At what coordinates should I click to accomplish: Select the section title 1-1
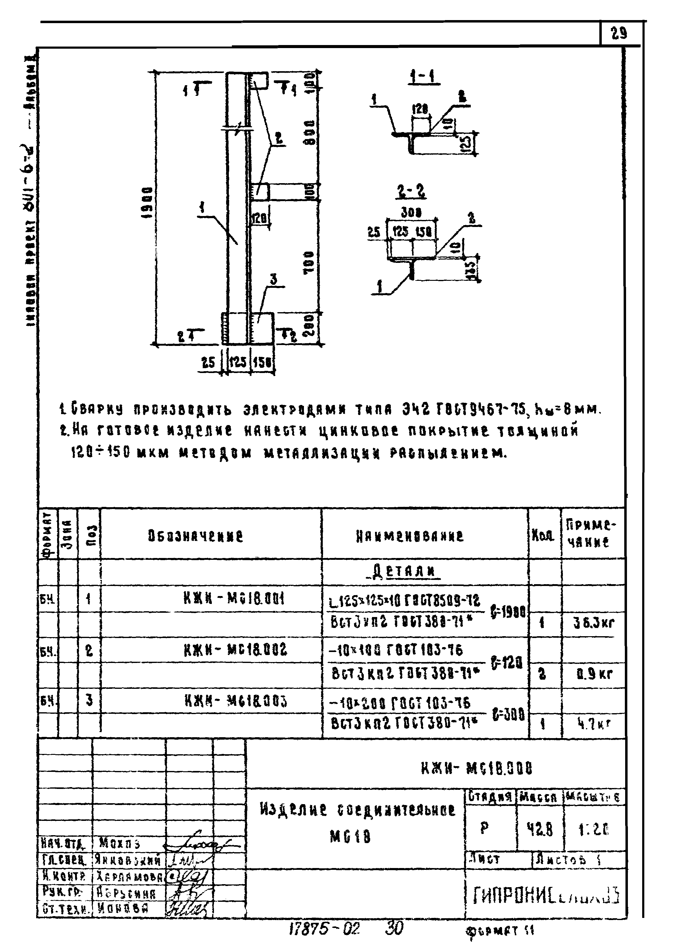[x=424, y=77]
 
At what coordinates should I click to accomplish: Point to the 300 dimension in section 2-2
[x=412, y=212]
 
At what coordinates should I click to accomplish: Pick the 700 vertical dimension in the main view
[x=309, y=262]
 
